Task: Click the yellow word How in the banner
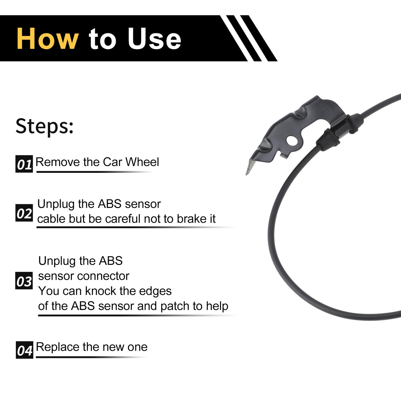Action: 48,39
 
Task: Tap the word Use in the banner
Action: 155,39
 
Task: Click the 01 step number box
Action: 24,164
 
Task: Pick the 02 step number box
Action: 24,213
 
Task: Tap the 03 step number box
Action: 24,281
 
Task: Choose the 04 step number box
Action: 24,350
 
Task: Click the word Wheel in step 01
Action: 142,162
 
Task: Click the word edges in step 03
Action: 155,291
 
